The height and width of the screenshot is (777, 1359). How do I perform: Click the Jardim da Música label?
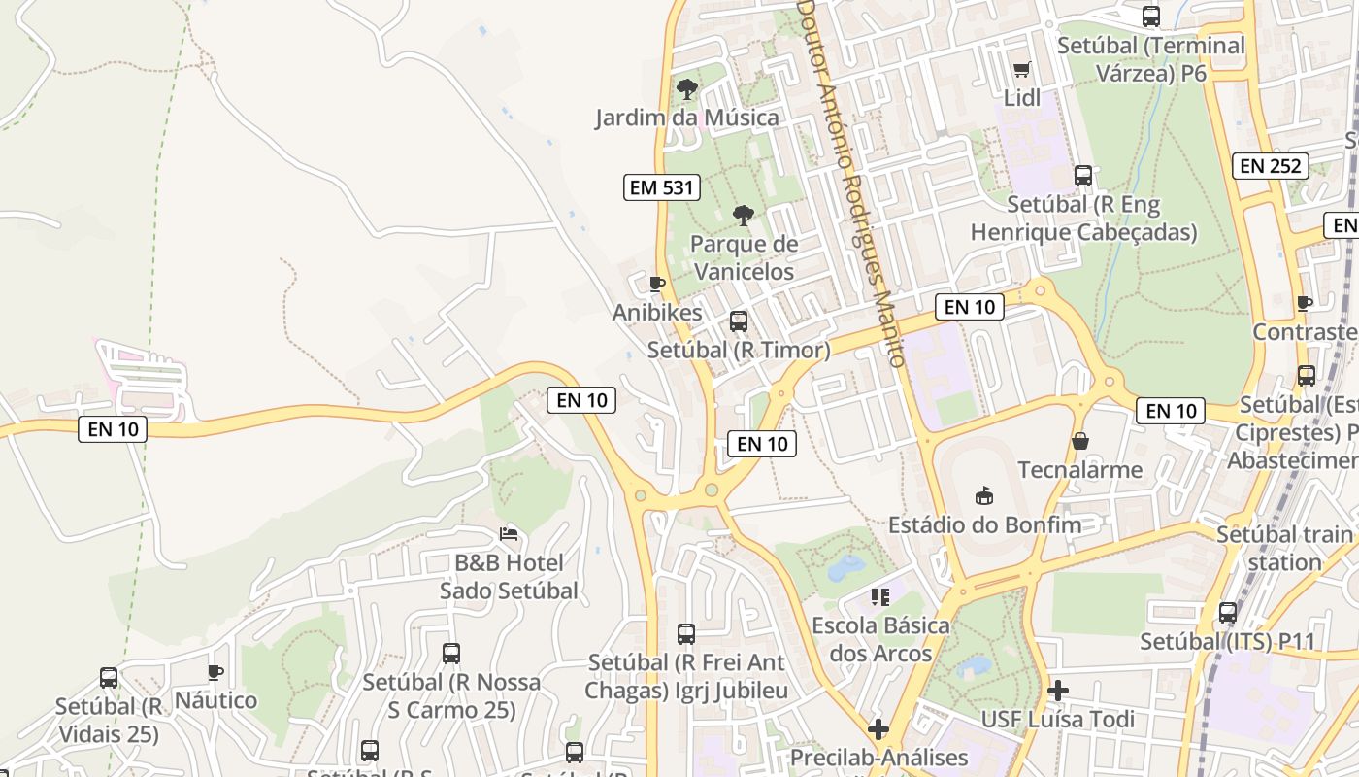(687, 118)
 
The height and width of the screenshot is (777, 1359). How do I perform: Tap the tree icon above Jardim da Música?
(687, 89)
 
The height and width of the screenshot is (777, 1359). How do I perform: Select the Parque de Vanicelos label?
(744, 257)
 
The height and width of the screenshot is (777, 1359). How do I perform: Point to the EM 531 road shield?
(663, 187)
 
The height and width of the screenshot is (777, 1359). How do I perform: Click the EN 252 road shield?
(1271, 166)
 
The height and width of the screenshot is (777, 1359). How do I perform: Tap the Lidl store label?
(1021, 97)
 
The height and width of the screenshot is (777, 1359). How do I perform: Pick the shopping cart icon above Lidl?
(1021, 69)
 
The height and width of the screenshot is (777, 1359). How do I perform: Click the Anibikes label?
(657, 312)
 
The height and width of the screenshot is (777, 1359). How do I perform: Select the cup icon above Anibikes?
(657, 284)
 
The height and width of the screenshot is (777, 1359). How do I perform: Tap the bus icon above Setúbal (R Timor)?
(739, 321)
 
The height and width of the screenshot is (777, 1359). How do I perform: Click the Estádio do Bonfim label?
(984, 525)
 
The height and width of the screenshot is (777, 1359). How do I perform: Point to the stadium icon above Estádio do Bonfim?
(984, 496)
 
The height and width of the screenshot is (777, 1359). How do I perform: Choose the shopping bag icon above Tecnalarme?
(1080, 442)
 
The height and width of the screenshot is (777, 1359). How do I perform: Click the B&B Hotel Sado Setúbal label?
(509, 576)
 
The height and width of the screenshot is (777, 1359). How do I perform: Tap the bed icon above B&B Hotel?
(509, 533)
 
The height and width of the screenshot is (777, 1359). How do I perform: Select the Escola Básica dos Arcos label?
(880, 638)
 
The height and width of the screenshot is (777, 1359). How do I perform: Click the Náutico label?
(215, 700)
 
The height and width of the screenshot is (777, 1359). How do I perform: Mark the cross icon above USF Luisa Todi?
(1058, 691)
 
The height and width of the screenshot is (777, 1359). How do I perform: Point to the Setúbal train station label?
(1284, 548)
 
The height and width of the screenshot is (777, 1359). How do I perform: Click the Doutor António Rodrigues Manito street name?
(852, 185)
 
